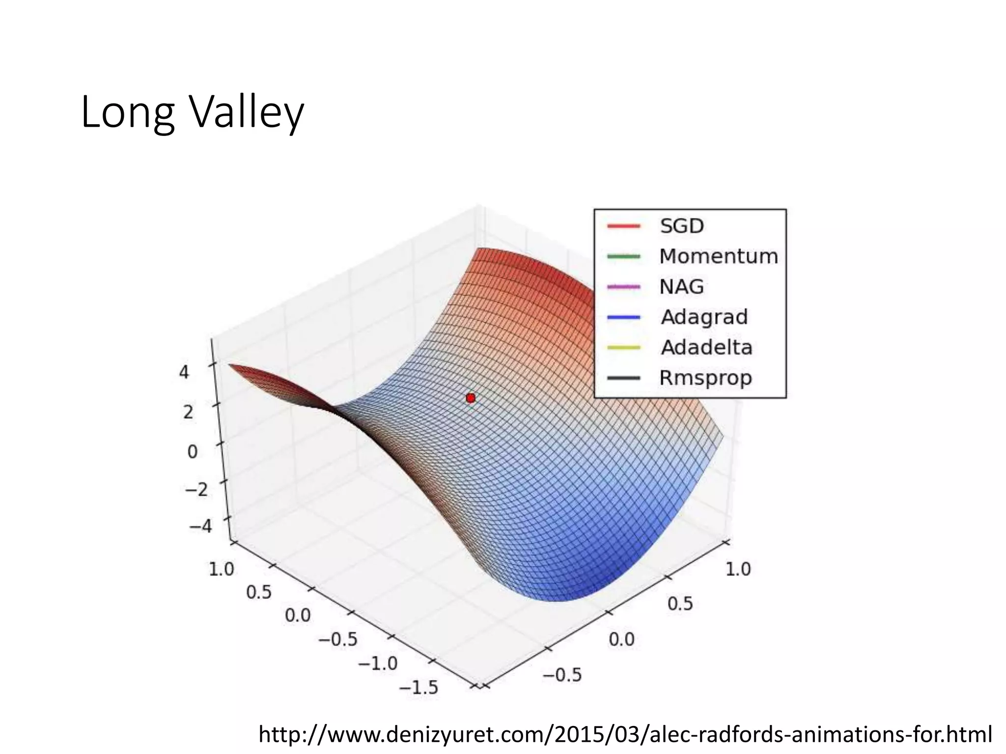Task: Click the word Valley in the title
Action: [x=247, y=114]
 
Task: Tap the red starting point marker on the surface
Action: [x=471, y=398]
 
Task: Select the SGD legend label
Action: [x=682, y=226]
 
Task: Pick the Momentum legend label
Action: [x=718, y=257]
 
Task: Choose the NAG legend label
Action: [x=681, y=287]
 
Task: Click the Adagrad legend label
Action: [x=704, y=317]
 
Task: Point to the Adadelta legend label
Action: [x=706, y=348]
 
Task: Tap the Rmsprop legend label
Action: [x=705, y=378]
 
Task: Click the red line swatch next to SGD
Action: [x=624, y=226]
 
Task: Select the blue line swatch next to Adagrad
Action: [x=624, y=317]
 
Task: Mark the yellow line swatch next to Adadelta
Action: [x=624, y=348]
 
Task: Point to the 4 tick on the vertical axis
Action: [x=184, y=373]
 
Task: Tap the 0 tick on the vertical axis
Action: [x=193, y=452]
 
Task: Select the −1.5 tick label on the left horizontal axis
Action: [x=418, y=687]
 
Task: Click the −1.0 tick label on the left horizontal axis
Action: [x=378, y=664]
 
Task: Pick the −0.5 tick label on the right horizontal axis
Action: [x=562, y=675]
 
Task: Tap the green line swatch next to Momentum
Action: [x=624, y=257]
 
